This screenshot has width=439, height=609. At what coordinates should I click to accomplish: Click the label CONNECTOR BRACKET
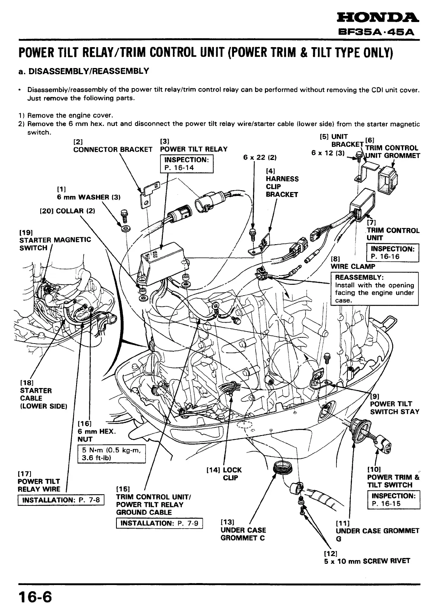113,150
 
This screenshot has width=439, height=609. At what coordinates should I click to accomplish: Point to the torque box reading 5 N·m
111,454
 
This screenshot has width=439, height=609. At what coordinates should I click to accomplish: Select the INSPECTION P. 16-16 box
392,253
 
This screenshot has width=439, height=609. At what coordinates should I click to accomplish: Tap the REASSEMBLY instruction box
374,289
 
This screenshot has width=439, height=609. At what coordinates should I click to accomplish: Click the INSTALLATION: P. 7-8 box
61,500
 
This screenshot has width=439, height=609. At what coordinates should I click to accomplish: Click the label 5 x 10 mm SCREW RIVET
367,561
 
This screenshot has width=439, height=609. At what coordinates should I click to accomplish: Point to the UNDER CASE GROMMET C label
243,534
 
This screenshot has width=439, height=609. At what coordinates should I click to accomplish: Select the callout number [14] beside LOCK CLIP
213,470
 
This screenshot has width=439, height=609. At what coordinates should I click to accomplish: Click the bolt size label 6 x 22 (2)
260,157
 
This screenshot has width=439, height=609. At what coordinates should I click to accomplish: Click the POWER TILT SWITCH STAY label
395,408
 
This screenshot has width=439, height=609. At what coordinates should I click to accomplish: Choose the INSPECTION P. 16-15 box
393,500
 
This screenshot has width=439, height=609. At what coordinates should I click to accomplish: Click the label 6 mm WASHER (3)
89,197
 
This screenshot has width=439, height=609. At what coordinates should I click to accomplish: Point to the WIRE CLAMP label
353,266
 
